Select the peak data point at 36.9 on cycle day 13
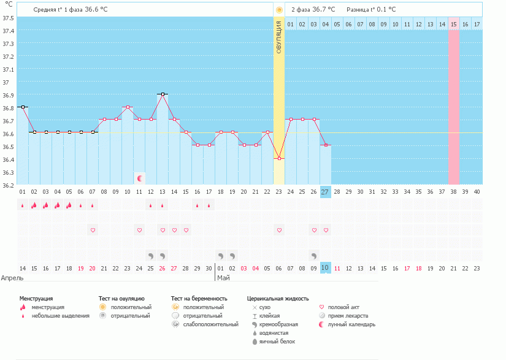pos(163,94)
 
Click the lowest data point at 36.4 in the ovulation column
pos(279,158)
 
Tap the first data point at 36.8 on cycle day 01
pos(23,107)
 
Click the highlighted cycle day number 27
pos(325,192)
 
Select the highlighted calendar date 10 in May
pos(325,268)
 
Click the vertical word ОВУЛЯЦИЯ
pos(279,37)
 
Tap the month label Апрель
pos(13,277)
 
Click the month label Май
pos(223,277)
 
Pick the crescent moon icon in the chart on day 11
pos(140,178)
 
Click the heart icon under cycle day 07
pos(93,230)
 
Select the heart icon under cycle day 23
pos(279,230)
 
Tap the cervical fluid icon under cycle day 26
pos(313,255)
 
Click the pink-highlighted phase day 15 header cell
pos(454,24)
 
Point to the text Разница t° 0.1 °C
pos(371,10)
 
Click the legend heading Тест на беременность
pos(199,298)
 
